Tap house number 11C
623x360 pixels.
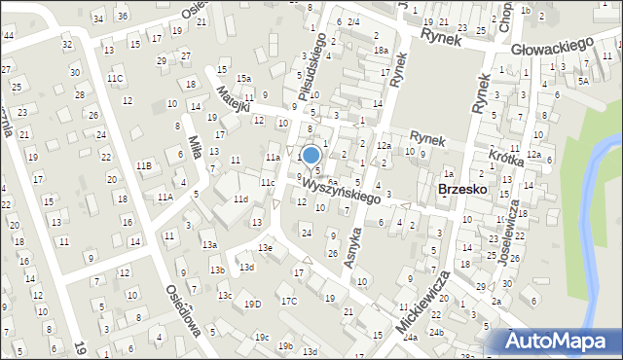(x=116, y=78)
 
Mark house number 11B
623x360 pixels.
(x=144, y=166)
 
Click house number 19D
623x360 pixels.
(x=253, y=305)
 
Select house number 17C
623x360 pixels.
(x=289, y=301)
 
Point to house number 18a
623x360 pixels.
(x=381, y=51)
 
